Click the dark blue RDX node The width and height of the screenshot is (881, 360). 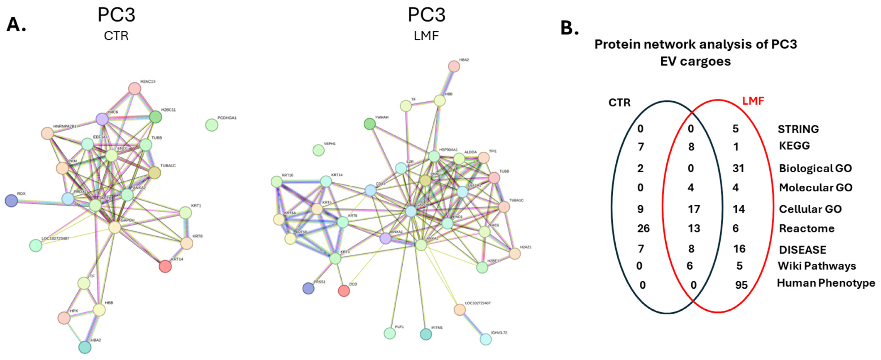click(x=11, y=201)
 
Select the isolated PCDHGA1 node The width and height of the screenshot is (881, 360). click(x=212, y=125)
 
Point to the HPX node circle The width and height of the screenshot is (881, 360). click(x=64, y=318)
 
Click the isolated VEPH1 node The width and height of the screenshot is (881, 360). click(x=318, y=150)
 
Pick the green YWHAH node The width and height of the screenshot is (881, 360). click(x=369, y=124)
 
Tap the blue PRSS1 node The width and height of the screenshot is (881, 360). click(x=308, y=288)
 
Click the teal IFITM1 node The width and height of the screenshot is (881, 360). click(x=426, y=334)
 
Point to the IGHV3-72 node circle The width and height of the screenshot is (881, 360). click(x=486, y=339)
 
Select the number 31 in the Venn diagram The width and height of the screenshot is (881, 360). click(x=738, y=168)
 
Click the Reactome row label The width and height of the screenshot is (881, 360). click(x=806, y=228)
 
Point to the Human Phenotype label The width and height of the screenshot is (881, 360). click(x=826, y=283)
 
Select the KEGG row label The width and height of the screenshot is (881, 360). click(x=794, y=146)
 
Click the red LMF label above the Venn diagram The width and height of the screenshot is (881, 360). click(x=753, y=101)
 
